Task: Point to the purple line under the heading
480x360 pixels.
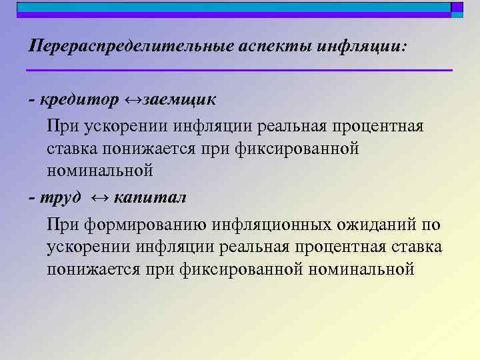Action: pyautogui.click(x=239, y=70)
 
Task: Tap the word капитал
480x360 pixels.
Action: pyautogui.click(x=150, y=198)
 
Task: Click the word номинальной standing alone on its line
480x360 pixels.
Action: pyautogui.click(x=100, y=171)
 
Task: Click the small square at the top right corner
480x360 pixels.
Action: pyautogui.click(x=457, y=8)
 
